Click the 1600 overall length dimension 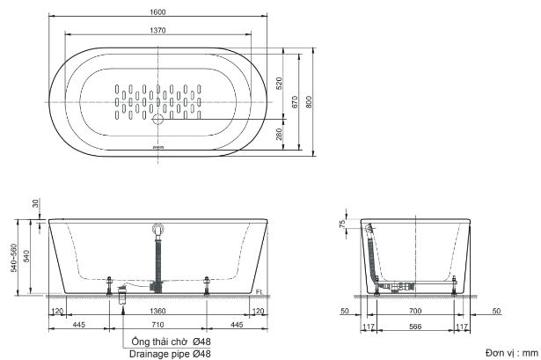point(158,10)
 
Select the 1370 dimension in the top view point(158,30)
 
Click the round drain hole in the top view point(158,117)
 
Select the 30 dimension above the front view point(35,203)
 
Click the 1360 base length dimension point(158,311)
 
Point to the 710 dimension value point(158,325)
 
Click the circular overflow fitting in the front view point(158,231)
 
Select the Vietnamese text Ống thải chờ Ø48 point(166,342)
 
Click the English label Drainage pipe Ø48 point(166,353)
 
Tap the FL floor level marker point(259,291)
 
